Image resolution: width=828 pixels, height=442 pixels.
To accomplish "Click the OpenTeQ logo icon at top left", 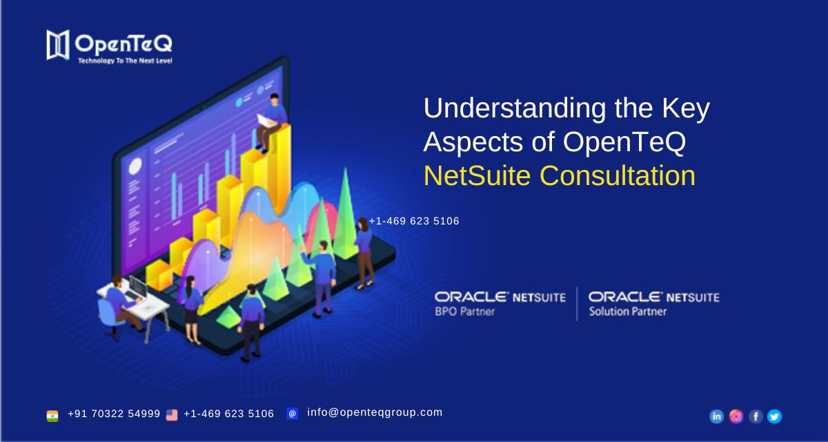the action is point(58,45).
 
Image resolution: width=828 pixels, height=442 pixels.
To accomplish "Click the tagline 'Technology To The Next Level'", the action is point(125,61).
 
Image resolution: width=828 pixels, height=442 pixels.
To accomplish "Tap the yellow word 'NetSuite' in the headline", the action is point(477,175).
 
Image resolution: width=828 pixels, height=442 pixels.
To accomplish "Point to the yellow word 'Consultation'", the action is point(618,175).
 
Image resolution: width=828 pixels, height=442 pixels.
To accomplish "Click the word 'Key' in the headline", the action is point(686,108).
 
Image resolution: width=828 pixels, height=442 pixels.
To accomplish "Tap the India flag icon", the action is point(52,416).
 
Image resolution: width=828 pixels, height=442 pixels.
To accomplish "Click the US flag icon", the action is point(172,415).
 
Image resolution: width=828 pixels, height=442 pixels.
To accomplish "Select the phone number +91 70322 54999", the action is point(114,414).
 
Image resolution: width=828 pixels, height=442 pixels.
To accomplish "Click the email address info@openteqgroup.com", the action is point(375,412).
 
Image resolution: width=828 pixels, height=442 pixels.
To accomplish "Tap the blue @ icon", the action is point(293,414).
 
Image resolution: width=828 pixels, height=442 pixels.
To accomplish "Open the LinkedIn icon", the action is point(716,416).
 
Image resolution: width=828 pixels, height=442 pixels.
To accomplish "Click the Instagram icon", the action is point(736,416).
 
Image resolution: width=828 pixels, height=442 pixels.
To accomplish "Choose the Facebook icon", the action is point(756,416).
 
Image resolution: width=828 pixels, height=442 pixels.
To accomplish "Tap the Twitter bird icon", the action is point(774,416).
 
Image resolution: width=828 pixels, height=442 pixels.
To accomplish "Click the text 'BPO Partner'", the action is point(464,311).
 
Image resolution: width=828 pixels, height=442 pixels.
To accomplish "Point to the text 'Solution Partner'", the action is point(628,311).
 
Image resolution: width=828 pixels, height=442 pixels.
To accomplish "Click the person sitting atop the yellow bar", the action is point(271,123).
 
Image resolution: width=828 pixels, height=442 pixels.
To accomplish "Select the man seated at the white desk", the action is point(120,301).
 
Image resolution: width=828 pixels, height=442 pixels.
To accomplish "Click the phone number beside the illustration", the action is point(414,221).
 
